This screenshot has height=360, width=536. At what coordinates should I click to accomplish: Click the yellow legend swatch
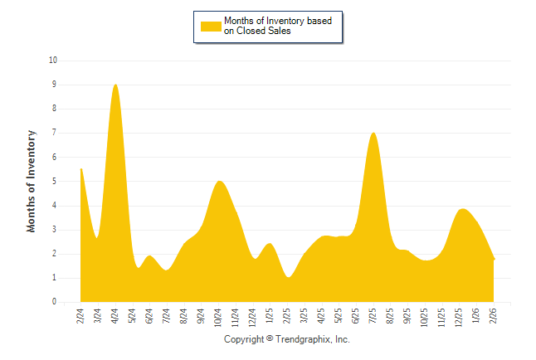[212, 26]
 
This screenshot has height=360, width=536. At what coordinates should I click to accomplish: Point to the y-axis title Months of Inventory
[32, 181]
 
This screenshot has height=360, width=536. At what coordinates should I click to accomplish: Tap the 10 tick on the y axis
[53, 61]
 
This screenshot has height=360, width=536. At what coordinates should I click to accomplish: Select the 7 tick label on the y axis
[54, 133]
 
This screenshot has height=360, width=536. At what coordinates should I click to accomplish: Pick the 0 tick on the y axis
[54, 303]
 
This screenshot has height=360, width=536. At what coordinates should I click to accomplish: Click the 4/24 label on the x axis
[115, 316]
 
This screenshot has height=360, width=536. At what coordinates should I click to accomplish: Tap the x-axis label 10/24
[218, 318]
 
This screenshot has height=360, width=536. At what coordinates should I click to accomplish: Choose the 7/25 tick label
[373, 316]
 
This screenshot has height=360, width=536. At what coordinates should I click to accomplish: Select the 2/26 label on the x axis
[494, 316]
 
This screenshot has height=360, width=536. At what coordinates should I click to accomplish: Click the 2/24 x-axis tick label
[80, 316]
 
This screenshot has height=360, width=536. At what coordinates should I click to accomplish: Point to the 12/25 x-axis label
[460, 318]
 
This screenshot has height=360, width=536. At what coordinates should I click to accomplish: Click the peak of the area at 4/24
[115, 85]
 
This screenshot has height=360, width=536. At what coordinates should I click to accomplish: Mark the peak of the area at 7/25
[373, 133]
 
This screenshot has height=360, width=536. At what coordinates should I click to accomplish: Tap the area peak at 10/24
[218, 181]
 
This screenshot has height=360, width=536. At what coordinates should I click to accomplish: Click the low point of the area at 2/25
[288, 276]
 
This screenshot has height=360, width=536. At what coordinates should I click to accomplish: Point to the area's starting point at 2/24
[80, 168]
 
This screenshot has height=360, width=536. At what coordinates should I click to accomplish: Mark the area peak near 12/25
[463, 209]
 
